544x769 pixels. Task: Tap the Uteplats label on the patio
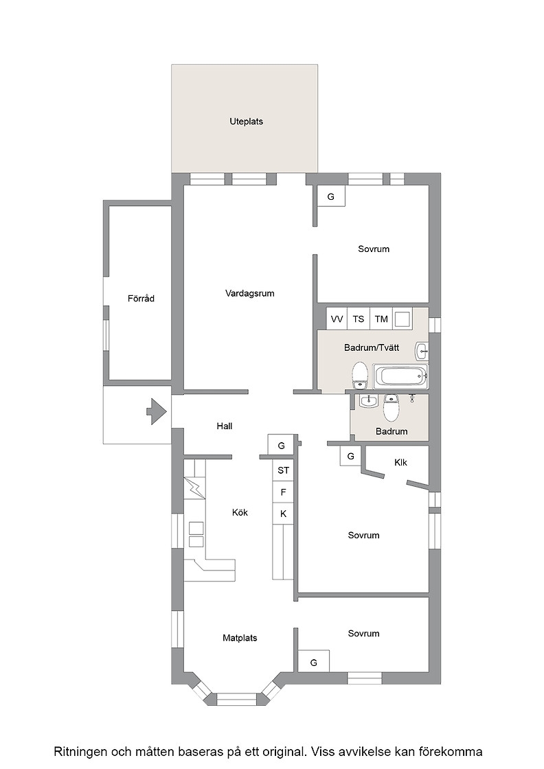[247, 122]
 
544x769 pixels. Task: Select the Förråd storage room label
[141, 298]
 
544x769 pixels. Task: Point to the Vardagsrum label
[250, 293]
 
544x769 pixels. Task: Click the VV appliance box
[337, 319]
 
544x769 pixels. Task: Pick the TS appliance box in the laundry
[359, 319]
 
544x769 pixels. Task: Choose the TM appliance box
[381, 319]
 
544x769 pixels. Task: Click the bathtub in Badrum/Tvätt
[400, 377]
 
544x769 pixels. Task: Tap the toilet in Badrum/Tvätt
[360, 375]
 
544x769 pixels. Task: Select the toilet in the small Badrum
[391, 407]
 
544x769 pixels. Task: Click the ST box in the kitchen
[283, 470]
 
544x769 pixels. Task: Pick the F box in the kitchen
[283, 492]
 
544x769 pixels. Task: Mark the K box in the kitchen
[283, 514]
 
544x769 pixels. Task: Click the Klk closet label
[400, 463]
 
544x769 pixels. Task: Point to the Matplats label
[240, 638]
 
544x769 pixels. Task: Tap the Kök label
[240, 512]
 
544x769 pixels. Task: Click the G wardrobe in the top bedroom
[331, 196]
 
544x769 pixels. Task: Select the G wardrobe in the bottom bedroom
[314, 661]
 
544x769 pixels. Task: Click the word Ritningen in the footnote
[81, 751]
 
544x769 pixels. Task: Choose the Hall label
[225, 426]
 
